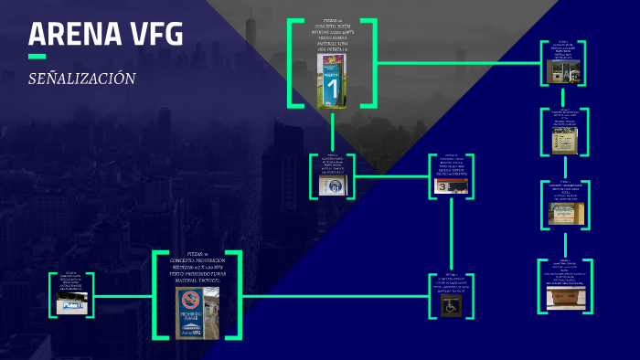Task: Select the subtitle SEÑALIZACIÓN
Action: point(82,79)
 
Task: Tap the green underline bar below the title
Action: point(37,57)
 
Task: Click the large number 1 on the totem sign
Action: point(333,90)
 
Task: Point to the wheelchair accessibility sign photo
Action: point(452,306)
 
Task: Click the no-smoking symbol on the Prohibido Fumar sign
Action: point(190,300)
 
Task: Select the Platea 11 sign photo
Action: point(72,305)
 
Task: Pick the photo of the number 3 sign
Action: point(452,185)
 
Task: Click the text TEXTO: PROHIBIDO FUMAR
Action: point(197,273)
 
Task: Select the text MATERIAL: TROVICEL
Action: point(197,280)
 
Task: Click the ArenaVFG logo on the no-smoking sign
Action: point(190,331)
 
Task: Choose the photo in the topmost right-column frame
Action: point(563,70)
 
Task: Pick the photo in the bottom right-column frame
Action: point(565,298)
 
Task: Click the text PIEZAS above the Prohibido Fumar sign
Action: point(197,252)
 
